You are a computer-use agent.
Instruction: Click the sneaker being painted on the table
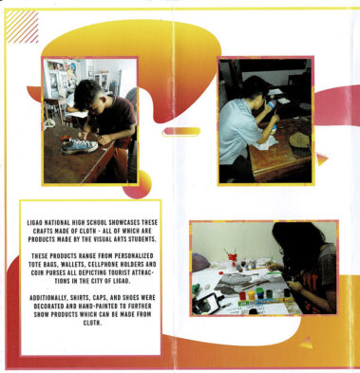pos(80,147)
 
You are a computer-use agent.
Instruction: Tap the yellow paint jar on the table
pos(251,295)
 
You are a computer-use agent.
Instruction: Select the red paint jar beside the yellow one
pos(242,295)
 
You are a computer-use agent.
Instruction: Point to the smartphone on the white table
pos(207,303)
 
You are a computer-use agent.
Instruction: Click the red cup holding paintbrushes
pos(233,259)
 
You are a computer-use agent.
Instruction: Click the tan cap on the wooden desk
pos(299,140)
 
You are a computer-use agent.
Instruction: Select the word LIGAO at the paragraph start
pos(34,223)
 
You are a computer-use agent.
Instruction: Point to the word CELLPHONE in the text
pos(103,264)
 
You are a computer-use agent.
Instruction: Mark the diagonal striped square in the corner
pos(22,27)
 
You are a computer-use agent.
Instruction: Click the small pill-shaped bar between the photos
pos(181,131)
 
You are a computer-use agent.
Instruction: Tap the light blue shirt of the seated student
pos(237,131)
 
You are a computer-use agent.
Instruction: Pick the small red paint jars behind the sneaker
pos(66,139)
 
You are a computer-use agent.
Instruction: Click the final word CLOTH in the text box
pos(92,323)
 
